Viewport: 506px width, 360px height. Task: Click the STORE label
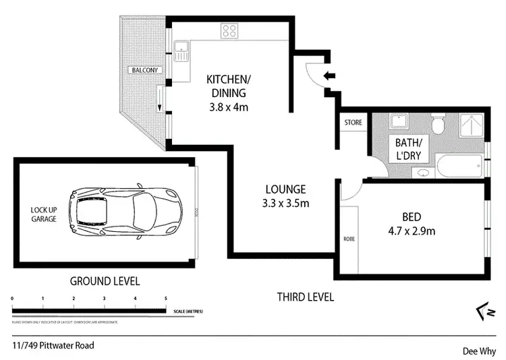pos(354,123)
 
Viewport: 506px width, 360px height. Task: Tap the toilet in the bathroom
pos(437,124)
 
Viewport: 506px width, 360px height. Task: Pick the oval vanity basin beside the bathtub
pos(423,173)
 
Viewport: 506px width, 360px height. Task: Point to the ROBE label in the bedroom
pos(348,239)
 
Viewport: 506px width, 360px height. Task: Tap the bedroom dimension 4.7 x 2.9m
pos(411,231)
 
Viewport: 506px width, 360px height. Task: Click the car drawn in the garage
pos(128,209)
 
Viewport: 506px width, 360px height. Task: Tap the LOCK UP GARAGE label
pos(43,215)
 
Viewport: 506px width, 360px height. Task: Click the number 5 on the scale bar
pos(165,297)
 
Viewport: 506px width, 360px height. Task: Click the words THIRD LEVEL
pos(306,297)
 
